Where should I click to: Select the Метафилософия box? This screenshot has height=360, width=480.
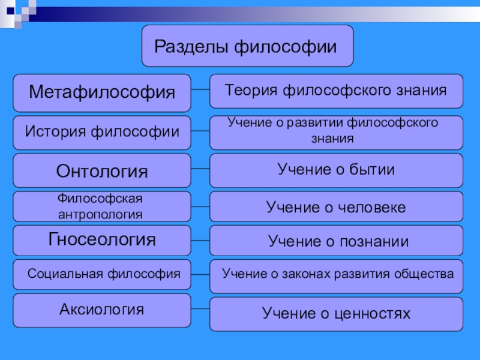102,92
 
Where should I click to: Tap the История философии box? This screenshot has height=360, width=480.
102,130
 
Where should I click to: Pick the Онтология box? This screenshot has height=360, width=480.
102,171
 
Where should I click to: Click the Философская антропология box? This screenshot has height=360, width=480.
102,206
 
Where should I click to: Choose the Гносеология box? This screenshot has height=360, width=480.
102,240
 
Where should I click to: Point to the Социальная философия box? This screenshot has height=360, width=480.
102,274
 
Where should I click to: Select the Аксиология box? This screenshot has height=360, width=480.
102,310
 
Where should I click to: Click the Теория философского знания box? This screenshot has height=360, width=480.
336,91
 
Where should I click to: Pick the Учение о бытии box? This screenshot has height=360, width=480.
336,170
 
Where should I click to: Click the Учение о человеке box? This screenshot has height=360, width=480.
336,207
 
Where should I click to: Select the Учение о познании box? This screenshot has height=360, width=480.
336,241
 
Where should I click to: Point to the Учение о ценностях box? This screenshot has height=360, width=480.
336,313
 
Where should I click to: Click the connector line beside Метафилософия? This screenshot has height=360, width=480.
200,91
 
